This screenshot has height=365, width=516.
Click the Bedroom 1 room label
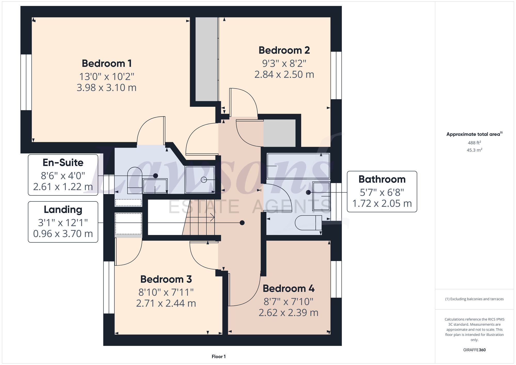pyautogui.click(x=107, y=63)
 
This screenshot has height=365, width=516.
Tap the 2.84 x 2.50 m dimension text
pyautogui.click(x=284, y=75)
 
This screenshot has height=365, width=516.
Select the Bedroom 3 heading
pyautogui.click(x=166, y=279)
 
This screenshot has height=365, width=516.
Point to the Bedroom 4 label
pyautogui.click(x=288, y=288)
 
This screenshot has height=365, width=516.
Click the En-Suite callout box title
pyautogui.click(x=63, y=163)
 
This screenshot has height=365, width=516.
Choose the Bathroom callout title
pyautogui.click(x=382, y=179)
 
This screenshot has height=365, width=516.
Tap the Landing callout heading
pyautogui.click(x=63, y=210)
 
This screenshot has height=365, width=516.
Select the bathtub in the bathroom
pyautogui.click(x=298, y=166)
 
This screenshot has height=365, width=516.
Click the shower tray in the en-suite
pyautogui.click(x=200, y=180)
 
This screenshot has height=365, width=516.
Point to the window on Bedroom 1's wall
pyautogui.click(x=26, y=82)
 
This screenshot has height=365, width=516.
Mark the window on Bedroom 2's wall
pyautogui.click(x=336, y=75)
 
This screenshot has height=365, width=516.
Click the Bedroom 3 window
pyautogui.click(x=109, y=287)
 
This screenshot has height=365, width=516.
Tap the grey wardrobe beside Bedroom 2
pyautogui.click(x=206, y=59)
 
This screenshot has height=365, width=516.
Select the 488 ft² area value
pyautogui.click(x=474, y=143)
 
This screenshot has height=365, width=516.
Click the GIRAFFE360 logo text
pyautogui.click(x=474, y=350)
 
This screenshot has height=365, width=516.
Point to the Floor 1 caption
pyautogui.click(x=219, y=356)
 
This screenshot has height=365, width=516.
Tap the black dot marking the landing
pyautogui.click(x=242, y=223)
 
